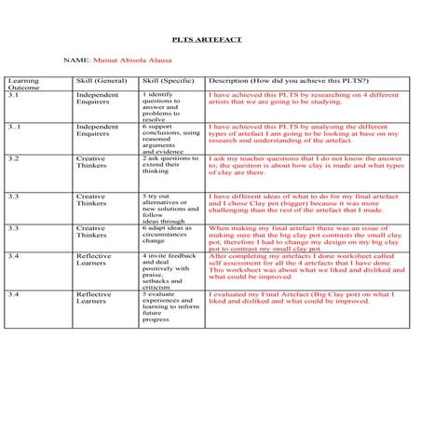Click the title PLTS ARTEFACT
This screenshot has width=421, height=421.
click(x=210, y=41)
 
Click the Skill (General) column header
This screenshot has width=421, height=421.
click(x=100, y=81)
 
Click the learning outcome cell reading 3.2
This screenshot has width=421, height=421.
click(x=13, y=159)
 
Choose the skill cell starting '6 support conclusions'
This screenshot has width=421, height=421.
click(x=170, y=138)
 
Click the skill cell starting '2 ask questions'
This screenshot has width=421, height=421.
click(x=170, y=165)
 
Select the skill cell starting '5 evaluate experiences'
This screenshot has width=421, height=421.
click(x=168, y=311)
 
